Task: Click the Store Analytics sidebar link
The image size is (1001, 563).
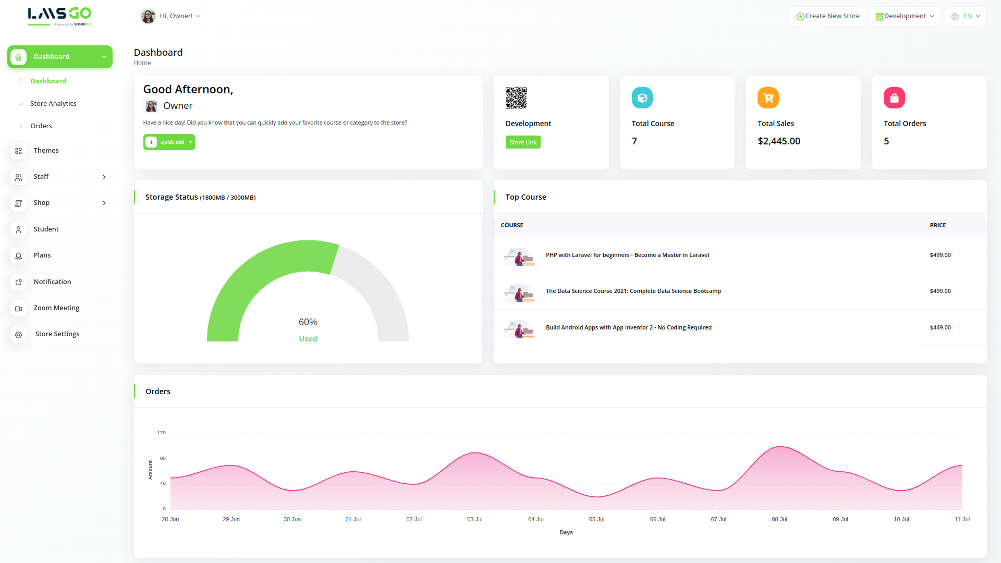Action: point(53,103)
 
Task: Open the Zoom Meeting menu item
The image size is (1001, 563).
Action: point(56,308)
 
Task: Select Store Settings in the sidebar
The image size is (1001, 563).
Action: point(57,334)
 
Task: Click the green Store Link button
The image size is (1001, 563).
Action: point(523,142)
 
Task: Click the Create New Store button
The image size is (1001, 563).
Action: point(827,16)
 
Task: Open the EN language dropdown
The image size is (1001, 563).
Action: point(966,16)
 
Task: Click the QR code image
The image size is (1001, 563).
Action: point(516,98)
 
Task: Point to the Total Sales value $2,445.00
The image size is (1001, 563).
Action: point(779,141)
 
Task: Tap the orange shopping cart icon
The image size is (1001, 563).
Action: point(768,98)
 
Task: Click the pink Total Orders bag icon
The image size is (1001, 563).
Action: point(894,98)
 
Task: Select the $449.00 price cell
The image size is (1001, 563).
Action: point(940,327)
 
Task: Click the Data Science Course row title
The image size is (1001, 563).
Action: point(633,291)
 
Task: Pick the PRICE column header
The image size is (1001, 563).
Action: point(937,225)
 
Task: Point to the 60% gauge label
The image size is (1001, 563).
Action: point(308,322)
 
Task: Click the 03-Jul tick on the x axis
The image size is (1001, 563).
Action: point(475,519)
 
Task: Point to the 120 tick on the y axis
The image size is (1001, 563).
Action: point(162,433)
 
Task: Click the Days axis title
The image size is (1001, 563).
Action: point(566,532)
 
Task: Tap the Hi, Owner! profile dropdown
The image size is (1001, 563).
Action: point(170,16)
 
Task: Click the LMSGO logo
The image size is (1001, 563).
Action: point(59,16)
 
